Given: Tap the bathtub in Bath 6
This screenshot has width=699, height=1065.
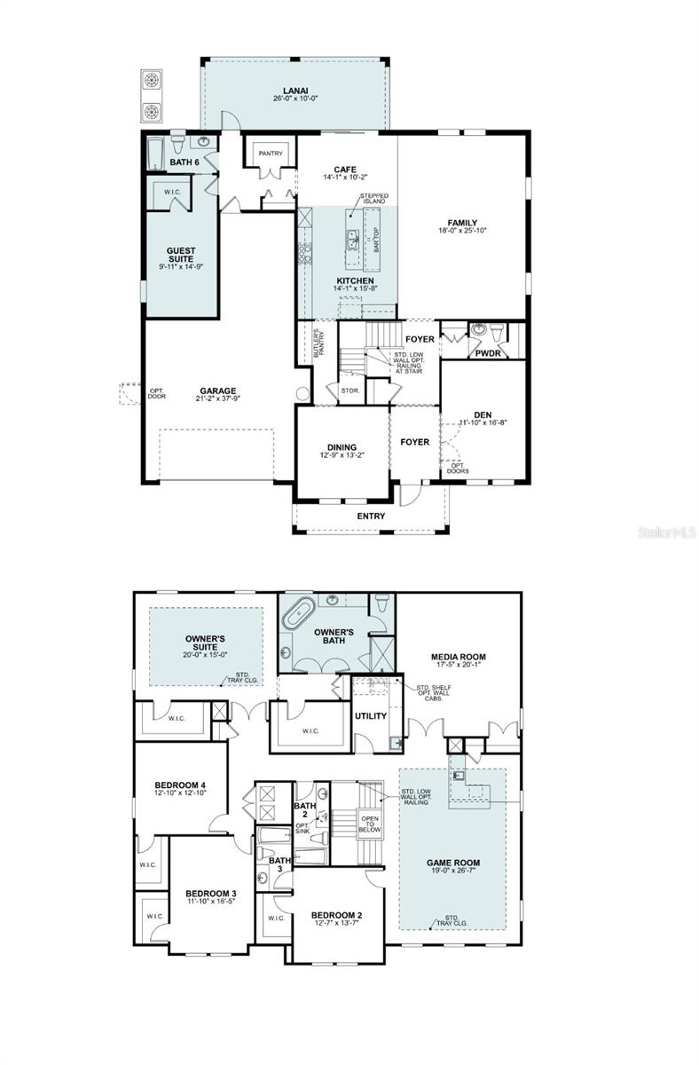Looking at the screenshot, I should coord(155,153).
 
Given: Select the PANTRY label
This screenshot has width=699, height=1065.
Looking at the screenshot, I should coord(271,154).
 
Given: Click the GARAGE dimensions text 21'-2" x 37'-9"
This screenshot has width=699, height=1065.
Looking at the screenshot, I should coord(217,399).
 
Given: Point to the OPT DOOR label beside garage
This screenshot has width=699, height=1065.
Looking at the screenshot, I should coord(156,395).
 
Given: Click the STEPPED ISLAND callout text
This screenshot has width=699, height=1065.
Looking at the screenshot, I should coord(373,199).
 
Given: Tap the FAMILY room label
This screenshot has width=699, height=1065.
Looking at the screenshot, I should coord(462,223).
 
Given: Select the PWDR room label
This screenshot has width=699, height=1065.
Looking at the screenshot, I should coord(488,352).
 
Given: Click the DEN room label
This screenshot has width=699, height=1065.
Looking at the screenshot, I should coord(483,414).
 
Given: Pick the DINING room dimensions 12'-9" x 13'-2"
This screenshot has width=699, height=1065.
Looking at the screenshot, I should coord(342,455).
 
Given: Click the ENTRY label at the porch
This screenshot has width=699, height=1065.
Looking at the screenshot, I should coord(371,516).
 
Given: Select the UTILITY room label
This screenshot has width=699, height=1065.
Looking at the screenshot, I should coord(371,715).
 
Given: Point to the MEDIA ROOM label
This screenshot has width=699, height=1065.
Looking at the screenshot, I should coord(458,657).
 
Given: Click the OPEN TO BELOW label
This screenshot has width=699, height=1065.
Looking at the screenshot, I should coord(370,824).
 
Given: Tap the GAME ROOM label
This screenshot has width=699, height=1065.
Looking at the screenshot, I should coord(452,862).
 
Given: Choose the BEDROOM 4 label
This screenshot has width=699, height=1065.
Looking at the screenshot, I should coord(180,785).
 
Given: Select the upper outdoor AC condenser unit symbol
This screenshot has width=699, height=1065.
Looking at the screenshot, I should coord(152,80).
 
